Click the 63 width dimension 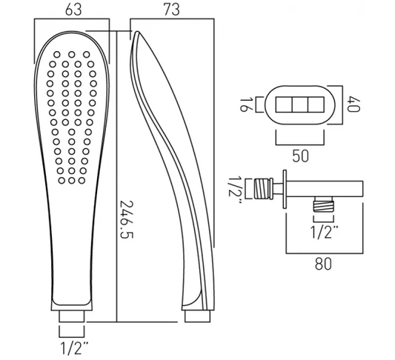pyautogui.click(x=72, y=10)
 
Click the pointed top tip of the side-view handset pyautogui.click(x=136, y=34)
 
